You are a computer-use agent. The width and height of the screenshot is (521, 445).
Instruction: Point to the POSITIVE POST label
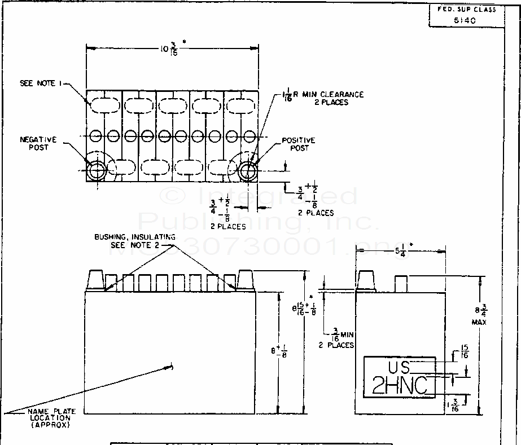tap(299, 144)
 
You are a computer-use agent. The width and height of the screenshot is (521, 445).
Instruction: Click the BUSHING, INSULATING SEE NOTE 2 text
tap(135, 241)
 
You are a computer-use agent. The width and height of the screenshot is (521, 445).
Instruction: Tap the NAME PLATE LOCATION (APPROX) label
tap(49, 418)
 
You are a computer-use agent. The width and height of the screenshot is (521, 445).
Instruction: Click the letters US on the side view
tap(399, 367)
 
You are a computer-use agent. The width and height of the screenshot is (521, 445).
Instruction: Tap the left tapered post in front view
tap(97, 280)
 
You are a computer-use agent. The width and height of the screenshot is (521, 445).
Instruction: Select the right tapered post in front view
tap(246, 280)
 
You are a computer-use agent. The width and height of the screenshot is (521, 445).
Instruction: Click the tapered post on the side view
tap(367, 280)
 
